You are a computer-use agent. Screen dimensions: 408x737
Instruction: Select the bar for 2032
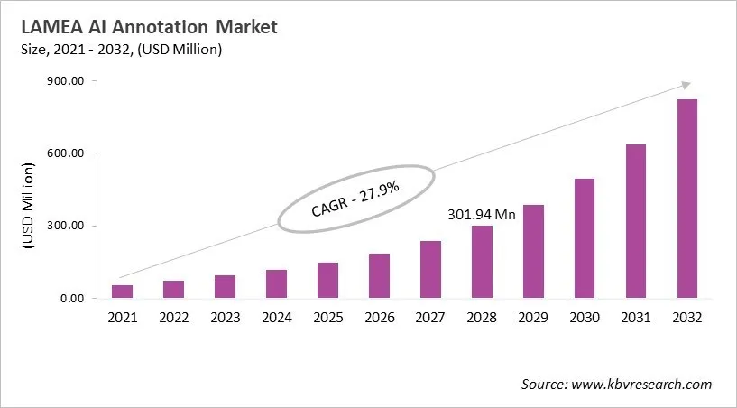point(686,199)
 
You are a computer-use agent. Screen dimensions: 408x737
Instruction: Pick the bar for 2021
point(122,292)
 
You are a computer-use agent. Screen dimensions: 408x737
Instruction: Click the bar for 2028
point(482,262)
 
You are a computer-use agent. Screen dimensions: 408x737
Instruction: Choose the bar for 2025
point(327,280)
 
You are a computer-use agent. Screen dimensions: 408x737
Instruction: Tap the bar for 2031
point(635,221)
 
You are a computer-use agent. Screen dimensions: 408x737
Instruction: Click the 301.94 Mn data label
point(482,215)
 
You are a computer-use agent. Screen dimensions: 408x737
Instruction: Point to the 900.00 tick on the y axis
point(66,81)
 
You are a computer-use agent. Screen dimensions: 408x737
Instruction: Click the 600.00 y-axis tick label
point(66,153)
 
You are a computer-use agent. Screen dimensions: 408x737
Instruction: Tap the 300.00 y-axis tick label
point(66,226)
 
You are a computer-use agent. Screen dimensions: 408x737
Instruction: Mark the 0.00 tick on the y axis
point(71,299)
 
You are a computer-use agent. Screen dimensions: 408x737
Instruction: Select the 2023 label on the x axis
point(225,318)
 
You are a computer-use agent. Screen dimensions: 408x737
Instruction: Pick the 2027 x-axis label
point(430,318)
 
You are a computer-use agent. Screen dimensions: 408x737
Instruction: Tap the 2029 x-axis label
point(533,318)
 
